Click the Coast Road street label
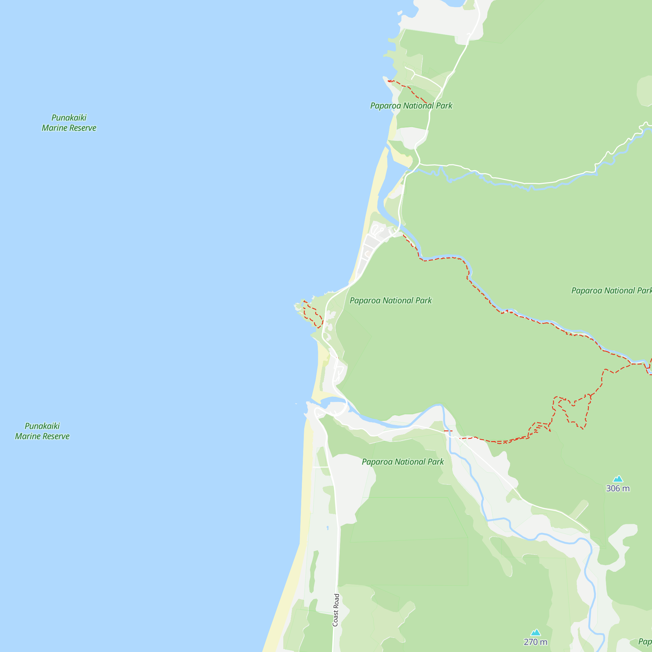(335, 610)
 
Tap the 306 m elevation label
(618, 488)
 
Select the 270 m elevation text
(535, 642)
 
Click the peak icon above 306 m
(618, 479)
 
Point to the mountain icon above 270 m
(536, 632)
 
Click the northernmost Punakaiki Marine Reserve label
(69, 123)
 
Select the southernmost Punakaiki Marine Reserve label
(42, 431)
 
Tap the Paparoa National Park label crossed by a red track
(411, 106)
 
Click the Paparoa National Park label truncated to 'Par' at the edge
(611, 290)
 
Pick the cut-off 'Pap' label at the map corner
(645, 641)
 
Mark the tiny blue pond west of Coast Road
(328, 527)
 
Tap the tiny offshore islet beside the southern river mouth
(296, 404)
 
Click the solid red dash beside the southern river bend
(448, 431)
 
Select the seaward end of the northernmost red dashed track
(389, 81)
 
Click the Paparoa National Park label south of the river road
(403, 462)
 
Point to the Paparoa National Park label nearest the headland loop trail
(391, 300)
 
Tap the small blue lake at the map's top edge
(452, 3)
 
